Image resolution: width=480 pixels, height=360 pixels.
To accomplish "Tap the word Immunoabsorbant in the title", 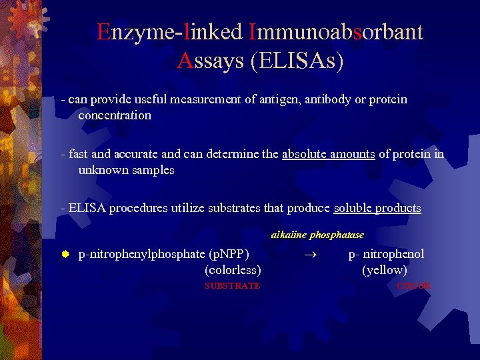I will (x=335, y=32).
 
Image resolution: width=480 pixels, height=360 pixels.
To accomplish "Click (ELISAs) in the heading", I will (x=297, y=61).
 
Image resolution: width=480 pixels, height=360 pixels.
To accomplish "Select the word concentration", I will (x=115, y=115).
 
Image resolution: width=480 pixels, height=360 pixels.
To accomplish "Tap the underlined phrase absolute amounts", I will (x=329, y=154).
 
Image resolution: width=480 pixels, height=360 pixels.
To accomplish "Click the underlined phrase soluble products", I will (x=377, y=208).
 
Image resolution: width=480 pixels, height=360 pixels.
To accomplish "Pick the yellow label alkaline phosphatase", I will (x=317, y=235).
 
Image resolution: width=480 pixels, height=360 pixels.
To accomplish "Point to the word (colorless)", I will (x=233, y=270).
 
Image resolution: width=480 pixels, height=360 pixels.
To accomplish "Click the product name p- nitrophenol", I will (x=386, y=254).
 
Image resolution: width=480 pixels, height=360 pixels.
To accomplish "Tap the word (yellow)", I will (x=385, y=270).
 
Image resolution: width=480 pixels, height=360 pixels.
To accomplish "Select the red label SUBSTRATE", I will (x=232, y=285).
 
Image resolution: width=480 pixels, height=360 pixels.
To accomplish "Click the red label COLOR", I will (x=413, y=285).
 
